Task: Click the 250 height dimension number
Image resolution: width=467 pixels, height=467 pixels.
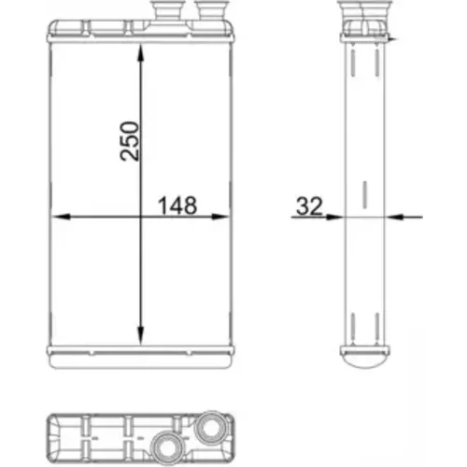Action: [x=130, y=141]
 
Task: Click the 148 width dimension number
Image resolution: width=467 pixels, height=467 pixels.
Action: [x=177, y=205]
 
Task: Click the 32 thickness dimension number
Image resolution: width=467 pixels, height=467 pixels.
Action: [x=309, y=206]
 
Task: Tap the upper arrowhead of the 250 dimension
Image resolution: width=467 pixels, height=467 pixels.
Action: [x=140, y=54]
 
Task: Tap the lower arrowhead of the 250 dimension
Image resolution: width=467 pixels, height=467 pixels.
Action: [x=140, y=335]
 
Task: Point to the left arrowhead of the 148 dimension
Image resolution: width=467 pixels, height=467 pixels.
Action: [x=61, y=217]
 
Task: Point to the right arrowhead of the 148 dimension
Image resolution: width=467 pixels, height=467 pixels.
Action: [x=220, y=217]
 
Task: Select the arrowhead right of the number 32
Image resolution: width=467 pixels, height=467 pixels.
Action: [x=334, y=217]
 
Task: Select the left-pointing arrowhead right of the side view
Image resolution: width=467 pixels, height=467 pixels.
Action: [x=394, y=217]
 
